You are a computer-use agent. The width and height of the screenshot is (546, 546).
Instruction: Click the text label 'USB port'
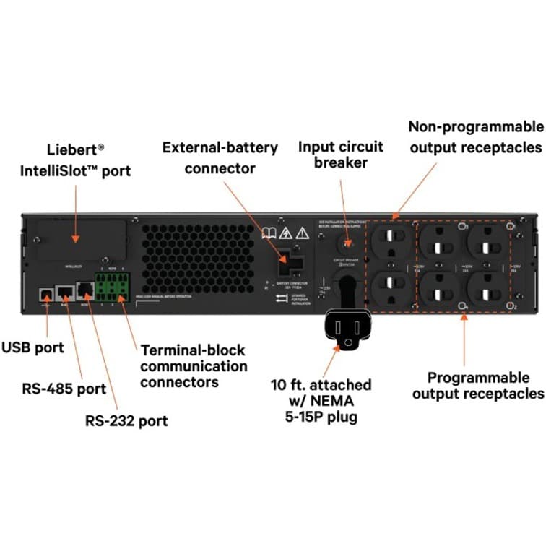32,347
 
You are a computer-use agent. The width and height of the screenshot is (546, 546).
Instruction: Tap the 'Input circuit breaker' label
342,155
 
